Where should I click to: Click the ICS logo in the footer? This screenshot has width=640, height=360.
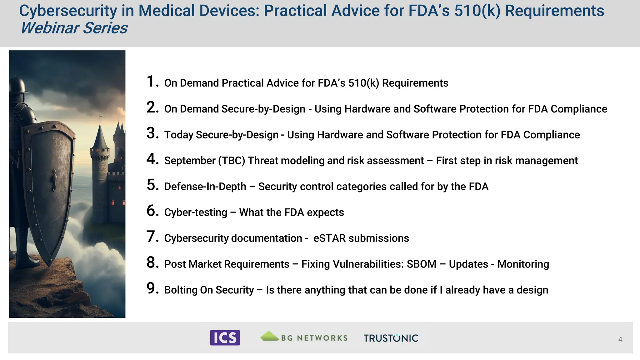point(225,337)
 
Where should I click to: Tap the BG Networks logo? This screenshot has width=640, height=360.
point(304,337)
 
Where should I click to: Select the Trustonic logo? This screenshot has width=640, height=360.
point(391,338)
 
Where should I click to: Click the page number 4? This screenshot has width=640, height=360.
point(620,339)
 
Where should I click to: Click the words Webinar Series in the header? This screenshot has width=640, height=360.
point(74,28)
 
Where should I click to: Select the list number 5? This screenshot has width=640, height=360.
point(152,185)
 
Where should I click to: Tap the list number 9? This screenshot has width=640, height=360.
point(152,288)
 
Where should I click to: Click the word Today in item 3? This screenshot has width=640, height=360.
point(179,135)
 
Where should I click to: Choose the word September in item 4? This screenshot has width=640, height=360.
point(190,161)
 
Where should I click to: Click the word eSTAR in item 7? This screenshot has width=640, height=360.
point(329,238)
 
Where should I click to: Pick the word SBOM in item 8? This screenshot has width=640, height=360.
point(421,264)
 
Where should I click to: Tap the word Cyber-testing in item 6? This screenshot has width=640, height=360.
point(196,212)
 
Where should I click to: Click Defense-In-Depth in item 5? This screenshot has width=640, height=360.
point(205,187)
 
